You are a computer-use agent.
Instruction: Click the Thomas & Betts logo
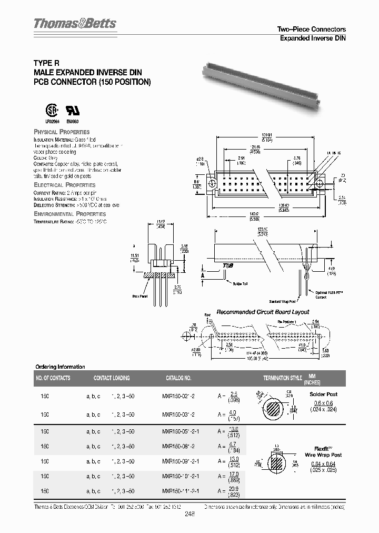74,24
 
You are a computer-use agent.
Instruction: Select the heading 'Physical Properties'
62,132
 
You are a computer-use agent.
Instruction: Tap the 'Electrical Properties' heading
65,185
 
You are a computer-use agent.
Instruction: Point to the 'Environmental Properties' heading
69,214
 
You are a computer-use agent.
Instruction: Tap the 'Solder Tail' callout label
240,283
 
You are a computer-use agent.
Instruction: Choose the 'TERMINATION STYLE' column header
282,378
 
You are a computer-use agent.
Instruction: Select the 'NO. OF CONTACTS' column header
53,378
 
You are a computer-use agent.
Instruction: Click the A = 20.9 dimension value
233,492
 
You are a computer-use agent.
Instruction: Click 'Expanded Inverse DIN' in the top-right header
312,38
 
